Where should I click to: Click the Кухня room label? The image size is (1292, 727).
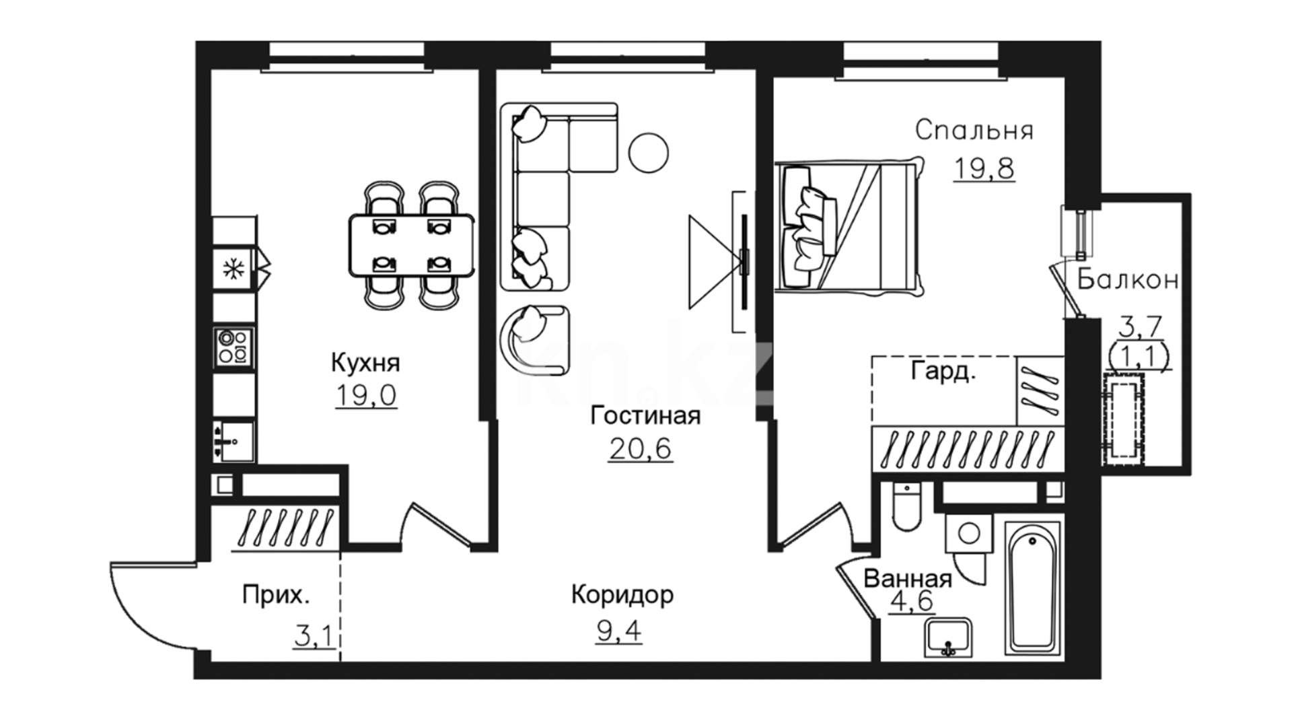point(365,363)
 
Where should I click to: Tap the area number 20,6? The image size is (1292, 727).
point(641,448)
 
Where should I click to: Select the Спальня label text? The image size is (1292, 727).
point(974,130)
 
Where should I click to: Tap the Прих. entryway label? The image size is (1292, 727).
point(277,595)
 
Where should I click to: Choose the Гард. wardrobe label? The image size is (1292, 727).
point(943,371)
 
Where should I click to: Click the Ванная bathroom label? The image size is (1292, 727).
point(908,579)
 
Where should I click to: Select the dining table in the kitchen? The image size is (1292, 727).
point(411,246)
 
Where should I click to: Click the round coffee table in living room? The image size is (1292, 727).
point(649,153)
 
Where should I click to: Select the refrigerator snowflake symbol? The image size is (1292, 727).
point(234,270)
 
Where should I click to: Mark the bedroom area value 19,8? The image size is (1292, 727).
point(984,168)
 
